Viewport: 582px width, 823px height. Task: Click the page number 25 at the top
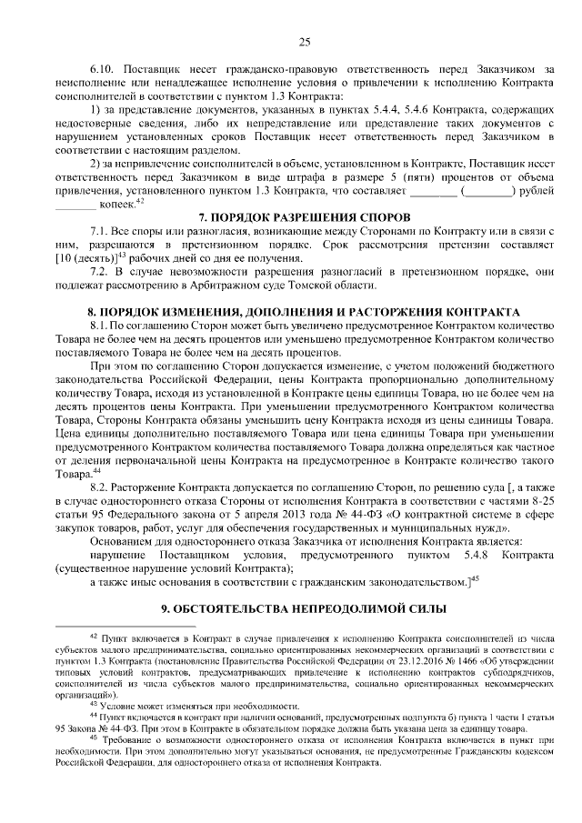[x=305, y=40]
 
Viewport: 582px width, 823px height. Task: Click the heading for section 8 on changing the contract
[x=304, y=310]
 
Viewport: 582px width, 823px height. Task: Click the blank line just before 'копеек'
[x=74, y=205]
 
